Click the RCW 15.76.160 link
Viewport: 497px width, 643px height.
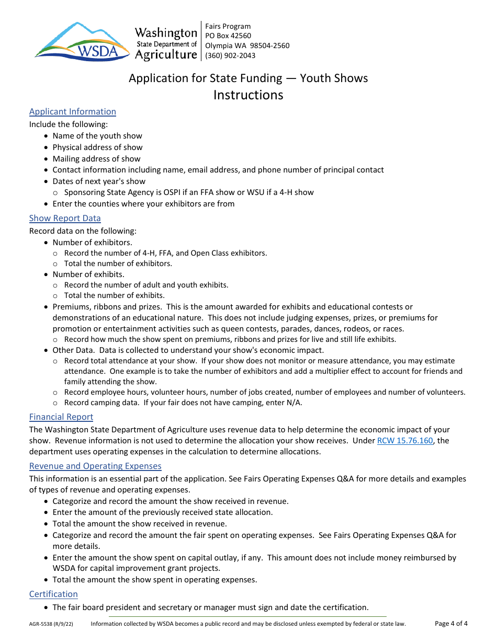tap(404, 441)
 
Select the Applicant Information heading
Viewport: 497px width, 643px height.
tap(73, 111)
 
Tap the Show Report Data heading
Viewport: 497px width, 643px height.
tap(65, 218)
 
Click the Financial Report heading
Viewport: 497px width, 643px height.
tap(61, 417)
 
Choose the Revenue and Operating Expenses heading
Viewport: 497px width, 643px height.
tap(95, 466)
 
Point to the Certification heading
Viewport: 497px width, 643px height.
tap(53, 594)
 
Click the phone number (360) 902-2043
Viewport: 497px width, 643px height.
tap(230, 55)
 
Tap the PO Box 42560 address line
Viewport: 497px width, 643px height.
tap(228, 36)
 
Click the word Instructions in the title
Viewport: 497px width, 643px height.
tap(248, 95)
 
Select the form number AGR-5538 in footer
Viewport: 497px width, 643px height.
tap(51, 624)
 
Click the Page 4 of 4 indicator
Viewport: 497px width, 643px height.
tap(451, 623)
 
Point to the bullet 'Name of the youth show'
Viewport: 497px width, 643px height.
tap(97, 136)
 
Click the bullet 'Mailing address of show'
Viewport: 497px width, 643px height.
tap(96, 159)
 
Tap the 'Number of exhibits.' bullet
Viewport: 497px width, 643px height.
tap(88, 274)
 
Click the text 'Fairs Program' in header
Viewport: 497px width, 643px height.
tap(228, 26)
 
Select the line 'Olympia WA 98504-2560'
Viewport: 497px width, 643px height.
tap(247, 45)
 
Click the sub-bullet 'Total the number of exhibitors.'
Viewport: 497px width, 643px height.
tap(118, 263)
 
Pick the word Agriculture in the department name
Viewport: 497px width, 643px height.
tap(166, 54)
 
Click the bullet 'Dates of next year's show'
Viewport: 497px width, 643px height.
tap(99, 181)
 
